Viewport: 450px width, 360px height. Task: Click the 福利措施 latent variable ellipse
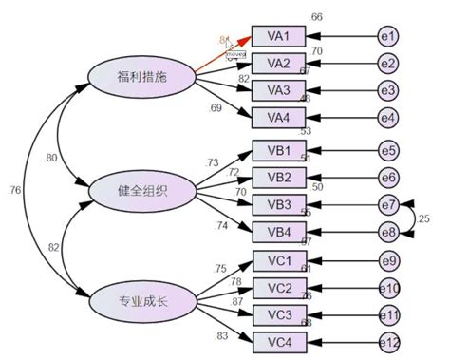[141, 77]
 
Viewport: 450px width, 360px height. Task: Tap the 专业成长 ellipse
[141, 303]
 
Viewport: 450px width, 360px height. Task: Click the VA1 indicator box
[278, 37]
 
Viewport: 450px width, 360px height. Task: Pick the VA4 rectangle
[278, 117]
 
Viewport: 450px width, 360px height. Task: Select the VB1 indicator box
[278, 151]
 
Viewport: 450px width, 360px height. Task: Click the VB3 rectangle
[278, 204]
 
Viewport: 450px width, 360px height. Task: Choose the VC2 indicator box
[278, 288]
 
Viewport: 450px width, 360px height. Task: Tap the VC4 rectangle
[278, 341]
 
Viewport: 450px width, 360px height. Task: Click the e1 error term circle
[389, 37]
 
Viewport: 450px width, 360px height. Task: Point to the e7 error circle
[389, 204]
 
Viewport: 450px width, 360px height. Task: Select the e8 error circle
[389, 230]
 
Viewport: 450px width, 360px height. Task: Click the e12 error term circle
[389, 341]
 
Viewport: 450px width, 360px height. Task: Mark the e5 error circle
[389, 151]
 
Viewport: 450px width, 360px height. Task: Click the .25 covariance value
[423, 218]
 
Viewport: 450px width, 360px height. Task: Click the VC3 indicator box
[278, 314]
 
